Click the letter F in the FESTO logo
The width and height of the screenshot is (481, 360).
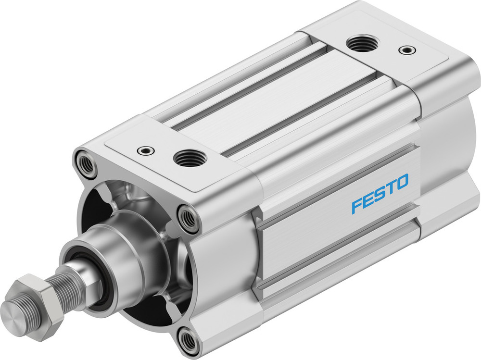(x=357, y=206)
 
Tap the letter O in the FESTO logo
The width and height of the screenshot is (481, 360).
(x=402, y=182)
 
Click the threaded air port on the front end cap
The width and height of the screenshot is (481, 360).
(x=190, y=158)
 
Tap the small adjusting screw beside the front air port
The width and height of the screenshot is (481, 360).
(x=145, y=150)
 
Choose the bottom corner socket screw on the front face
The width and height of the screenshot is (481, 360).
(x=188, y=340)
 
